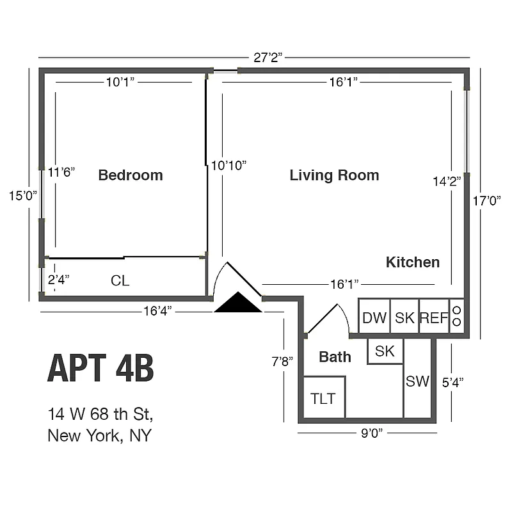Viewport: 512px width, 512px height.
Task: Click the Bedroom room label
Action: (131, 175)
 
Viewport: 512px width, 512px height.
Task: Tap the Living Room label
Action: (334, 175)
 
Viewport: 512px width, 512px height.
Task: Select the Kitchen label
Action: (413, 262)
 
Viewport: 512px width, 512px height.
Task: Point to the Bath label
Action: (335, 357)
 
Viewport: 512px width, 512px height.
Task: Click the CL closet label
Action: (120, 280)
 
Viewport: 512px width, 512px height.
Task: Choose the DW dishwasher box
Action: (374, 317)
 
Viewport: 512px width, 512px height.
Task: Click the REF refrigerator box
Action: (434, 317)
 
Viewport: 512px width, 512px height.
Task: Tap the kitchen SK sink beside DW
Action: (404, 317)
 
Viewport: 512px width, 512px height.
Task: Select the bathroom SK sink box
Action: (385, 351)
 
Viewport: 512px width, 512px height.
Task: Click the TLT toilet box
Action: (324, 398)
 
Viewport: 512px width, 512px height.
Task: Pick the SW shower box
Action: (417, 381)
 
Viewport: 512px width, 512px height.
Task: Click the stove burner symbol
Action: (457, 316)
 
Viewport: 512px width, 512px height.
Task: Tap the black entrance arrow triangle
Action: (238, 303)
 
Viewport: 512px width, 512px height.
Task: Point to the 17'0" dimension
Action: (486, 200)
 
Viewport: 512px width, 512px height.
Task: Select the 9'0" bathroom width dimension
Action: (371, 433)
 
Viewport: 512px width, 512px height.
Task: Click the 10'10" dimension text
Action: (228, 165)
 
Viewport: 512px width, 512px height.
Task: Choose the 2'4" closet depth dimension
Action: (58, 279)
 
